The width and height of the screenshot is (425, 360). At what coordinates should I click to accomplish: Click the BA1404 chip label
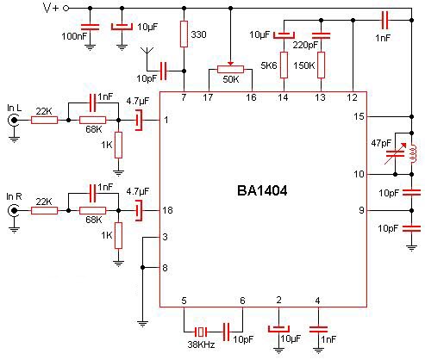pos(262,190)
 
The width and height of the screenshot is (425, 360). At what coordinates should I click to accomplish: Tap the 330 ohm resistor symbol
pos(184,34)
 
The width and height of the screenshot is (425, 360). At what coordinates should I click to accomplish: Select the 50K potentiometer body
pos(230,69)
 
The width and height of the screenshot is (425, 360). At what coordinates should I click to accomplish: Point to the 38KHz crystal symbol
pos(201,332)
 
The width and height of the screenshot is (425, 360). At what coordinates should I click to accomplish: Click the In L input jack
pos(14,120)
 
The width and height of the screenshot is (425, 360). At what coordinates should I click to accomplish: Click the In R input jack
pos(14,211)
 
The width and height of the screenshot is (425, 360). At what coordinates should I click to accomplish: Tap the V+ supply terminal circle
pos(66,9)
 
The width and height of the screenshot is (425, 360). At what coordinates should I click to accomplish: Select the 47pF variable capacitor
pos(395,153)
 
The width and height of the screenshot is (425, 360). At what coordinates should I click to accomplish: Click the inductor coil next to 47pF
pos(412,153)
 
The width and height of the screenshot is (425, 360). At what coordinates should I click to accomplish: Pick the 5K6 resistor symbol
pos(284,65)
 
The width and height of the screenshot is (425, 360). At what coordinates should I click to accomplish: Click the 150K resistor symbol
pos(321,65)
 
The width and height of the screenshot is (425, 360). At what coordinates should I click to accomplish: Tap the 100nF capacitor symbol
pos(90,28)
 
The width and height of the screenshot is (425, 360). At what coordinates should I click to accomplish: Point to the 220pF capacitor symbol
pos(321,35)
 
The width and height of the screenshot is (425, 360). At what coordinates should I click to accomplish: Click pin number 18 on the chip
pos(167,210)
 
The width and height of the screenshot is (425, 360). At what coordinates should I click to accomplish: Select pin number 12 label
pos(352,97)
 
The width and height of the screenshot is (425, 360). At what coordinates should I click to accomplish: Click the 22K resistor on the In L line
pos(44,120)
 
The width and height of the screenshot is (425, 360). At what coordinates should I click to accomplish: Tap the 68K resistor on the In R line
pos(92,211)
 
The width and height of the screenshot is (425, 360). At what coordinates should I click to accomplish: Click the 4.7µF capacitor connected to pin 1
pos(139,120)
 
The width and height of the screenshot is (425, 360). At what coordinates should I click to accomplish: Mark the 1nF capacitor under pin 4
pos(318,329)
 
